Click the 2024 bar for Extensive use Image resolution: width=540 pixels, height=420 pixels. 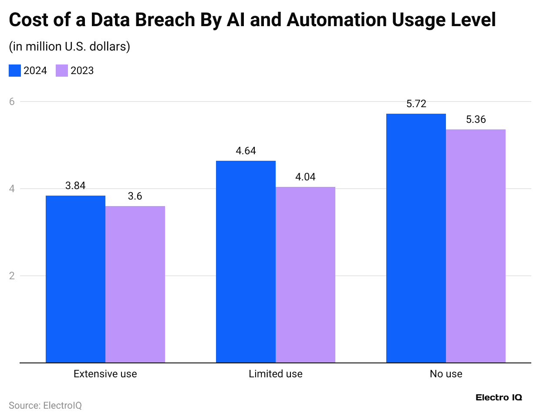pos(75,279)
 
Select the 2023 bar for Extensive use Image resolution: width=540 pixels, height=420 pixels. pos(135,284)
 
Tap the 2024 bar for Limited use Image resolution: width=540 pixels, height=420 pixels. pos(246,261)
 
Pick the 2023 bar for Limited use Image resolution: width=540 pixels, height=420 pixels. pos(305,274)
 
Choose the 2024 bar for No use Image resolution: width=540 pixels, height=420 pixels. pos(416,238)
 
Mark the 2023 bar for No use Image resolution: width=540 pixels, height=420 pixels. pos(476,246)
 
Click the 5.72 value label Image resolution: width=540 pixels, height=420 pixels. pos(416,104)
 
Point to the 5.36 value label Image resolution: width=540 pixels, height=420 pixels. pos(476,119)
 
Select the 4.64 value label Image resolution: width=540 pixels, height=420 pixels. pos(246,151)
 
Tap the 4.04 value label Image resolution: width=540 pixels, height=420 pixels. pos(305,177)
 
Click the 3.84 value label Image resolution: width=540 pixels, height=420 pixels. pos(75,186)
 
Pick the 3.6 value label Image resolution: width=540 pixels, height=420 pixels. pos(135,196)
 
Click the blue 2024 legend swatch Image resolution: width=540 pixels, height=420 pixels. pos(15,71)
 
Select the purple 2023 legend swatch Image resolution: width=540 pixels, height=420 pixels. pos(62,71)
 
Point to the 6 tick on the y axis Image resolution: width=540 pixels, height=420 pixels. pos(12,102)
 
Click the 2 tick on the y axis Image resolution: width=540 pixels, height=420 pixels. pos(12,276)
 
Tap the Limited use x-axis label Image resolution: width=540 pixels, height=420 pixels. pos(275,374)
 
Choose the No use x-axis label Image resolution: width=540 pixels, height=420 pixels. pos(445,374)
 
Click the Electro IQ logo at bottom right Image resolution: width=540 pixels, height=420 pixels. pos(499,397)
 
